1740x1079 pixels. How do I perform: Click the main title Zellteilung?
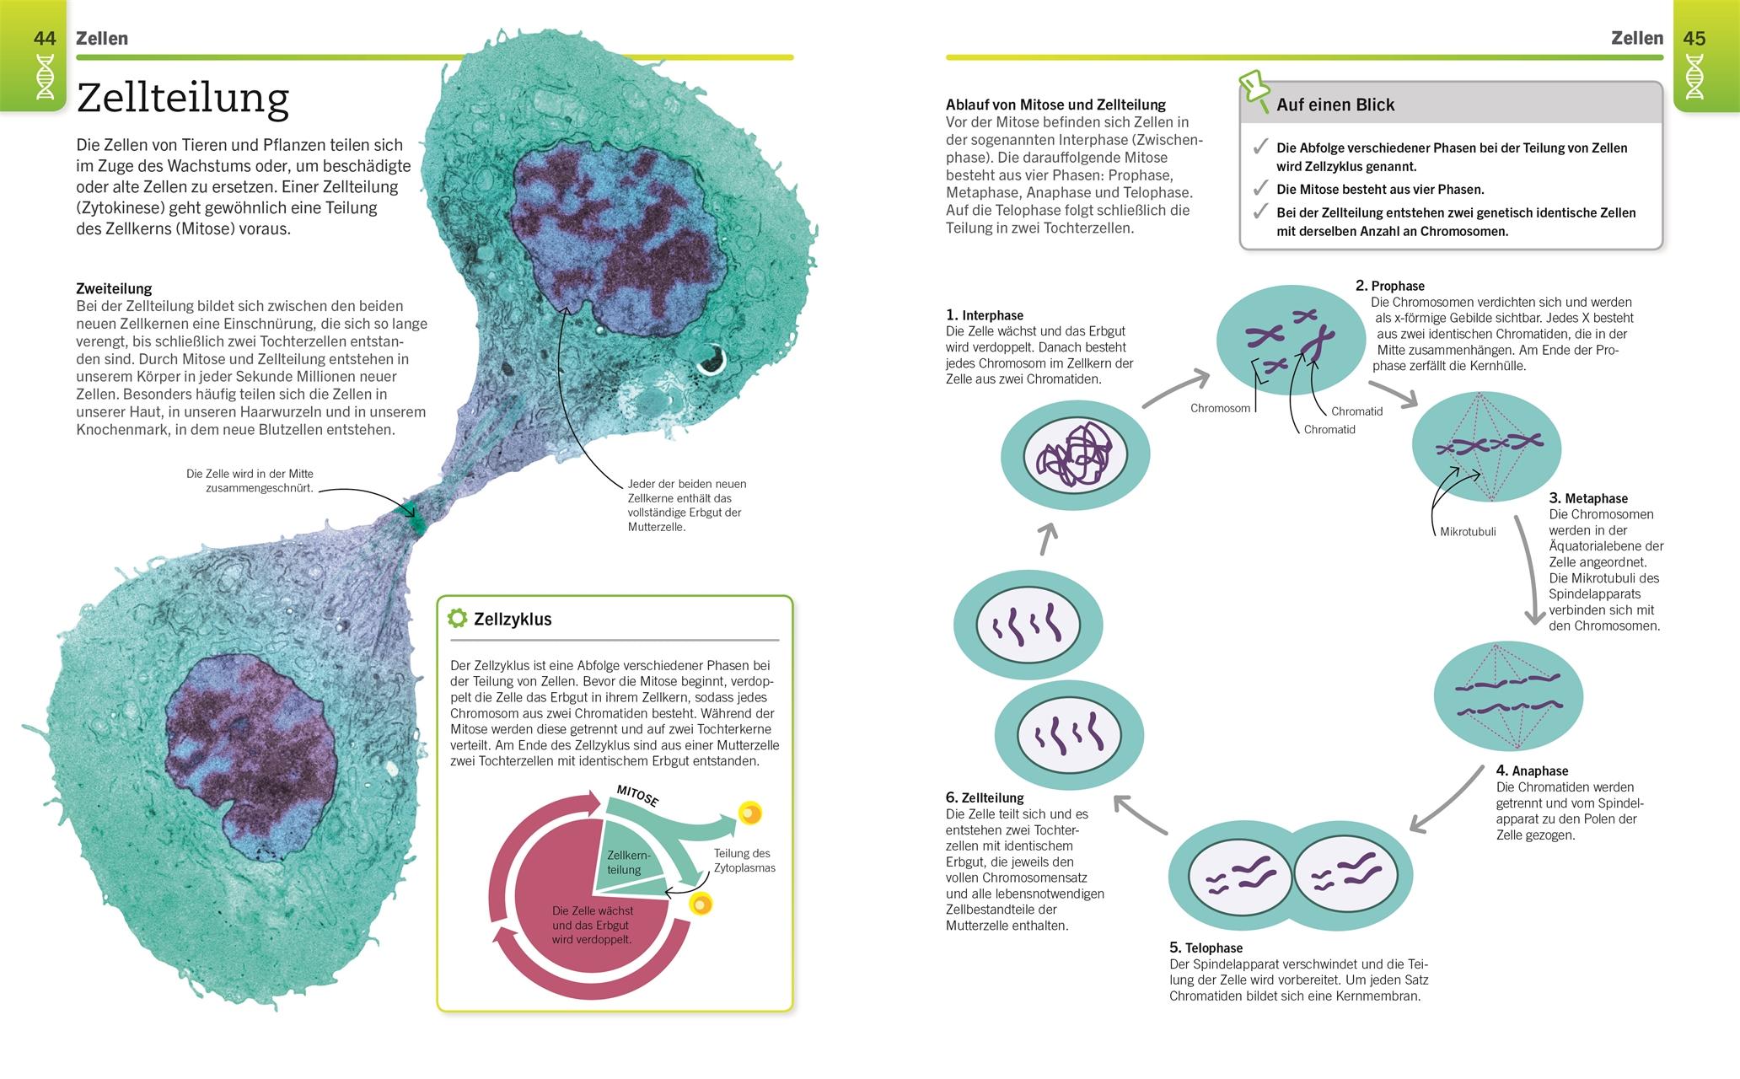point(182,99)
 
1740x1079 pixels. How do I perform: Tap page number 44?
point(45,39)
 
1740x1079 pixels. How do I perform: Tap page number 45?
point(1694,39)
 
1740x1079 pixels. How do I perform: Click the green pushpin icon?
point(1254,90)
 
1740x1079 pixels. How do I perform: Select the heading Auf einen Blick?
point(1335,105)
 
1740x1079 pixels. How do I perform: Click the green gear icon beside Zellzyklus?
point(457,619)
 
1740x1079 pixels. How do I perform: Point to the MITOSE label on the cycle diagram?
point(637,796)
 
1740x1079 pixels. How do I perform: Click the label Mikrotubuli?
point(1468,532)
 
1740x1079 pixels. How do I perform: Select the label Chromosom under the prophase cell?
point(1220,409)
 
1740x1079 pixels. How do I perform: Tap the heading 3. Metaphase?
point(1588,498)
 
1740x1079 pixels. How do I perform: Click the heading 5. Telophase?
point(1206,947)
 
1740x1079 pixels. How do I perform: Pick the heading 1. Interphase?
point(985,315)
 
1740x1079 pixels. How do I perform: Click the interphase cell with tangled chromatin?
point(1075,456)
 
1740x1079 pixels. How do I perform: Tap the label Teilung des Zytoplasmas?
point(744,861)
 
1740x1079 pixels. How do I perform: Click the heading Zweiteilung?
point(114,288)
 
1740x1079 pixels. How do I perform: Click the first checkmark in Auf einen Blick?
point(1260,148)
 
